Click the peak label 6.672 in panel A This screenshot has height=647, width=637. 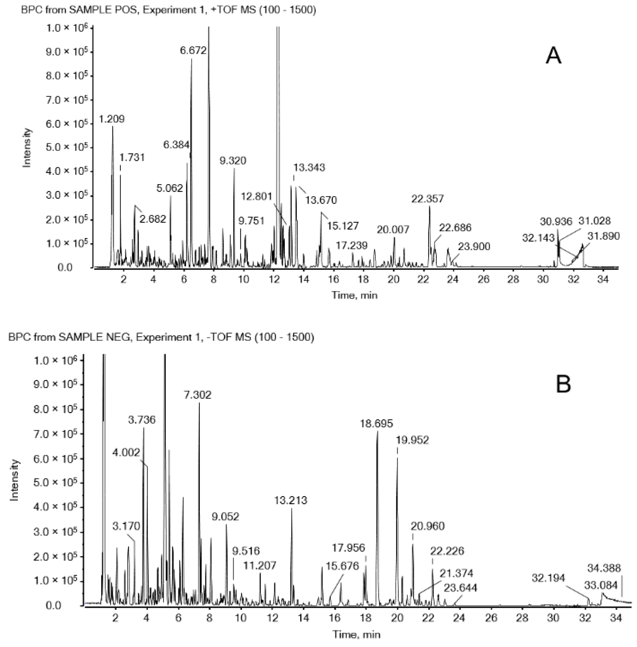[193, 50]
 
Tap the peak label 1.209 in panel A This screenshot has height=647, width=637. [112, 119]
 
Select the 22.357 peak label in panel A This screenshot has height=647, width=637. [427, 199]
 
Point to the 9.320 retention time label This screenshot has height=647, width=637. [233, 161]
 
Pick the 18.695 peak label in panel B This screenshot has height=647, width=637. [376, 424]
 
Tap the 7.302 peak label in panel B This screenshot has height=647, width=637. [198, 395]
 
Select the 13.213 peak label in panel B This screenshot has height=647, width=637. [290, 500]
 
